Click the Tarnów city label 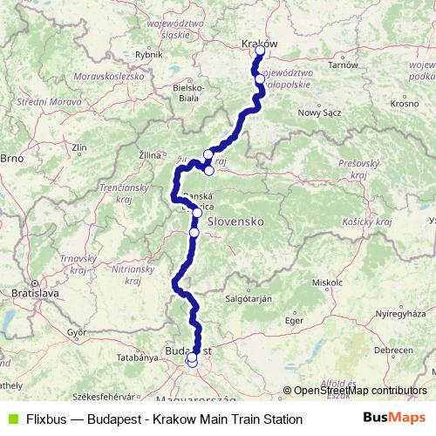pos(344,65)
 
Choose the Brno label pos(10,159)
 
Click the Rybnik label pos(149,54)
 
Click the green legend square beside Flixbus pos(11,419)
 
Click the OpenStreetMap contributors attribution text pos(360,392)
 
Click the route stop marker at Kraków pos(260,51)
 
